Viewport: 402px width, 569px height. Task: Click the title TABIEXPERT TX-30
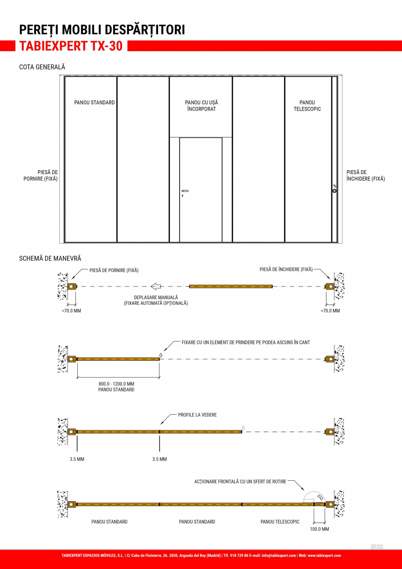(x=71, y=46)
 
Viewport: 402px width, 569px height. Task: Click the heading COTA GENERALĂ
(x=42, y=67)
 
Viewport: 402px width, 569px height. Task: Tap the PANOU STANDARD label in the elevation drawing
(x=94, y=102)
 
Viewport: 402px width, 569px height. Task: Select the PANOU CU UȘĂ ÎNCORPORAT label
(x=201, y=105)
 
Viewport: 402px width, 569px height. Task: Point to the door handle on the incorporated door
(x=185, y=191)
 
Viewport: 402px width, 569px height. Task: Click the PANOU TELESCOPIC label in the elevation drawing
(x=307, y=105)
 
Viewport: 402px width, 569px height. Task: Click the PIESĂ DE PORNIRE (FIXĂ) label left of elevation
(x=41, y=175)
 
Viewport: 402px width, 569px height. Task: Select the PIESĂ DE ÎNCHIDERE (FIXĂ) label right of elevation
(x=366, y=175)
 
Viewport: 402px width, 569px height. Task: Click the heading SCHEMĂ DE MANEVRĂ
(x=50, y=258)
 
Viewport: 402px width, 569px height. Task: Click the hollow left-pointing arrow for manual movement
(x=156, y=286)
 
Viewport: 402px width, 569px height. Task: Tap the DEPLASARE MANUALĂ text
(x=156, y=297)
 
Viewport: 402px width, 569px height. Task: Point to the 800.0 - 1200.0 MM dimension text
(x=116, y=384)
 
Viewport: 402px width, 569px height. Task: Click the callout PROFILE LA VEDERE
(x=197, y=415)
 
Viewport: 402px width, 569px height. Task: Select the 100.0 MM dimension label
(x=319, y=529)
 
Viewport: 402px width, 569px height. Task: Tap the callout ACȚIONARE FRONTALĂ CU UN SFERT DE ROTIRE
(x=240, y=482)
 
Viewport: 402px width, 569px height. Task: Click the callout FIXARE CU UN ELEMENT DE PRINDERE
(x=246, y=342)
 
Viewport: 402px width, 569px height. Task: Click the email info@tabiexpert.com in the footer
(x=278, y=555)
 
